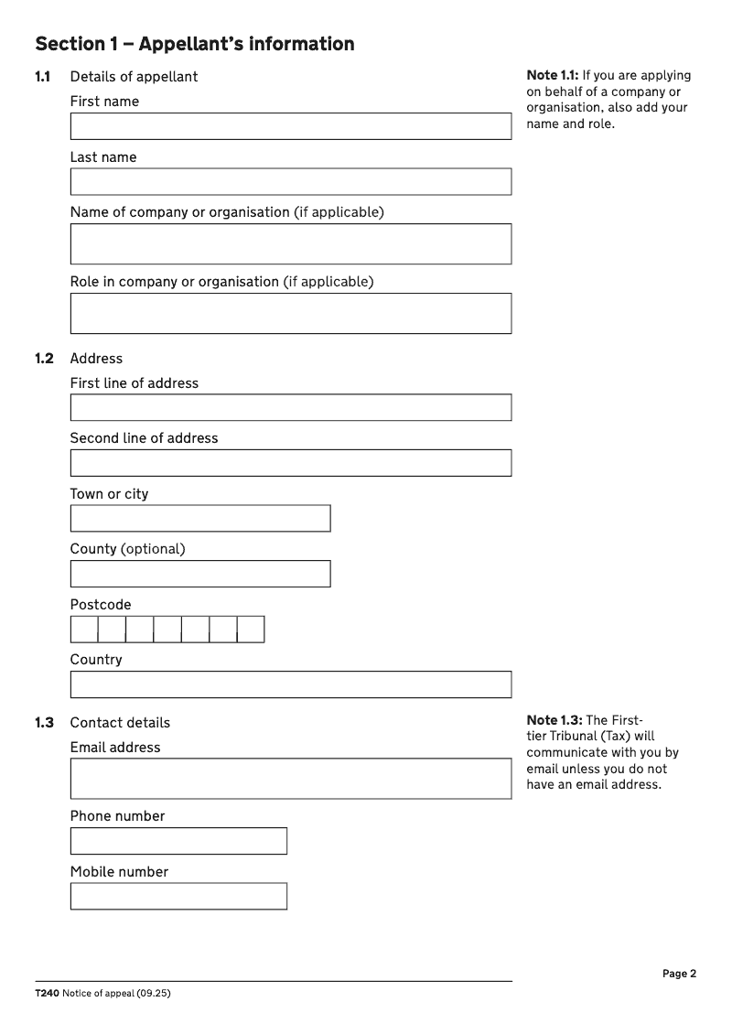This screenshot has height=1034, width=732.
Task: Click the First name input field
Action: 291,126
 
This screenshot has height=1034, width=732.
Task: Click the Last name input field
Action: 291,181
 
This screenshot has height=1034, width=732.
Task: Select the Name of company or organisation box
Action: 291,243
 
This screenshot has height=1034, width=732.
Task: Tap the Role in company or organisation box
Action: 291,313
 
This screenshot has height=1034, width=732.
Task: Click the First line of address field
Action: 291,407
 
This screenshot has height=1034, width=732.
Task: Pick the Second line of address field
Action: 291,463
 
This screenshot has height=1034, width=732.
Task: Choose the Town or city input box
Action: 200,518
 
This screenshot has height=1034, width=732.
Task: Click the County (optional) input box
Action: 200,574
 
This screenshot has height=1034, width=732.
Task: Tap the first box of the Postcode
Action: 84,630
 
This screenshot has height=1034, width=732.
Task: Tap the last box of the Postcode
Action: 251,630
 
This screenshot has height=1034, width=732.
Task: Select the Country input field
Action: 291,684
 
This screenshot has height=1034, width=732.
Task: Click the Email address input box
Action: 291,778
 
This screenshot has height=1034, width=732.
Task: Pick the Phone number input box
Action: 178,841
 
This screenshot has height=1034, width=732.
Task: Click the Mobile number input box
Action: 178,896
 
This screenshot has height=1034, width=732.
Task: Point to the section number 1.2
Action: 44,359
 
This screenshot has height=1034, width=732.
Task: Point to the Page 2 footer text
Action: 680,974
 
